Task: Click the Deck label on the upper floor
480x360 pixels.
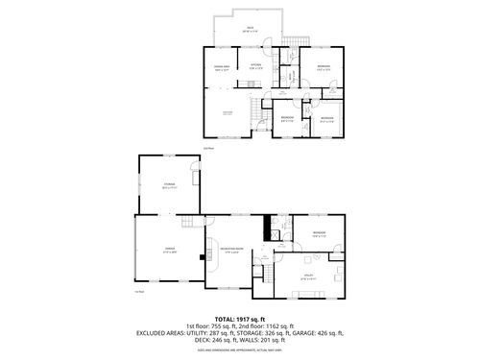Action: [250, 29]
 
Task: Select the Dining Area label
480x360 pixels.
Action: [220, 67]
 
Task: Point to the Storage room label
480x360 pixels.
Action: [168, 186]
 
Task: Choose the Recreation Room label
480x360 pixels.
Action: [230, 250]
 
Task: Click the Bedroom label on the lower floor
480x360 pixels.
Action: [318, 232]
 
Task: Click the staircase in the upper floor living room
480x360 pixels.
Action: [254, 115]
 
